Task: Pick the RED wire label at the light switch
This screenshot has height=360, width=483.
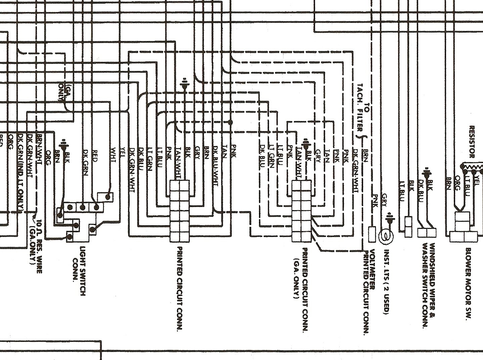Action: click(x=95, y=156)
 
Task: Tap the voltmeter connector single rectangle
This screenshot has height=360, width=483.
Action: click(x=372, y=234)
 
